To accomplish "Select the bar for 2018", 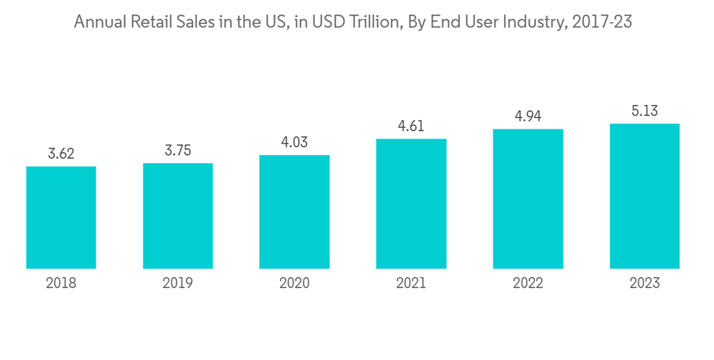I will (61, 218).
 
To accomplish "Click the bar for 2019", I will (178, 216).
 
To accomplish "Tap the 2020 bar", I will (294, 212).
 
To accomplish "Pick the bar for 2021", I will (411, 204).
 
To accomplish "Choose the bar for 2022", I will (528, 199).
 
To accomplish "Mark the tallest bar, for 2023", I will (644, 196).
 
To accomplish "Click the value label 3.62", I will (61, 154).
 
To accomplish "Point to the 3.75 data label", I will (178, 150).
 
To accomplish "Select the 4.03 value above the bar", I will (294, 141).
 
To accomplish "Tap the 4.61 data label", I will (411, 126).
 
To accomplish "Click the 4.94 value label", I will (528, 116).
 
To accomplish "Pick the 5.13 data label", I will (644, 111).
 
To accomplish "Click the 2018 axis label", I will (61, 284).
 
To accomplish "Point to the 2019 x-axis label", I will (178, 284).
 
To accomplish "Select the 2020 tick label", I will (294, 284).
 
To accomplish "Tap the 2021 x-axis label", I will (411, 284).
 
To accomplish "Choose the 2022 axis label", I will (528, 284).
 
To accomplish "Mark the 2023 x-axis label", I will (644, 284).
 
